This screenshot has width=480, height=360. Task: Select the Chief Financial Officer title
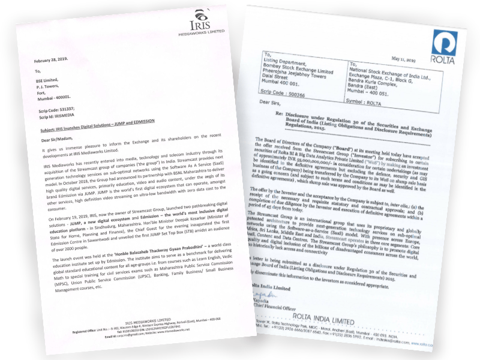coord(281,309)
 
